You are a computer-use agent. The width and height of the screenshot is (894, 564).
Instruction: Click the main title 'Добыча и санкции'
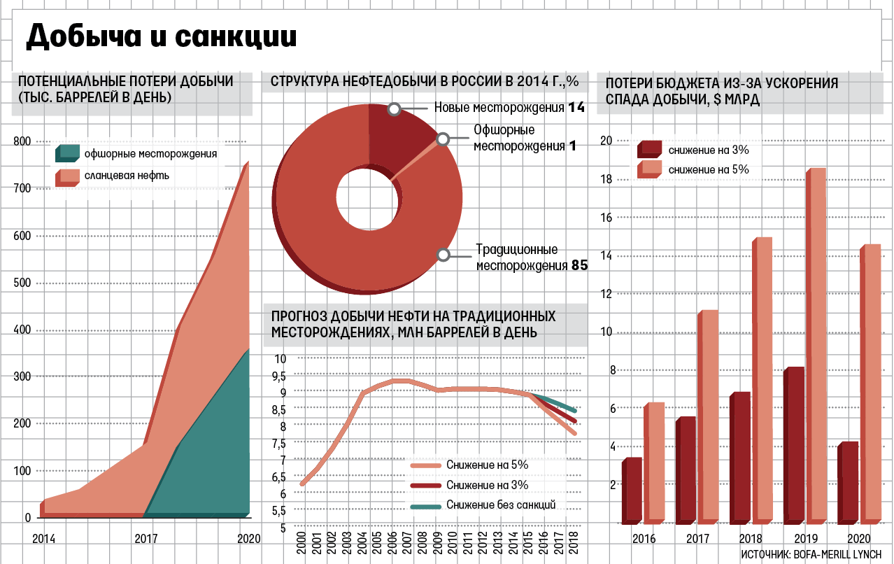coord(161,37)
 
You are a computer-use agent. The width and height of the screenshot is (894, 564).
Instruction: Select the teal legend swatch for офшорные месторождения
coord(69,153)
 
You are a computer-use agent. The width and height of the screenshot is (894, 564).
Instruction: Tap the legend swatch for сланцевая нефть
coord(69,176)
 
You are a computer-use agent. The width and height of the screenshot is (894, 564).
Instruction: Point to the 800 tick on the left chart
coord(22,141)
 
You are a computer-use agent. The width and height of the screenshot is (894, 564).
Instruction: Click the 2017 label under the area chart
coord(145,539)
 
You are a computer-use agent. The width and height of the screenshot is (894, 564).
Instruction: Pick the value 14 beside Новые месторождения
coord(576,107)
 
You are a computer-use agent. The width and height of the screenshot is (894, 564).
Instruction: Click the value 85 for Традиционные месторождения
coord(579,266)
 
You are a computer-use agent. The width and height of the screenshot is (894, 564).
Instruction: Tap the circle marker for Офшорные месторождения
coord(442,140)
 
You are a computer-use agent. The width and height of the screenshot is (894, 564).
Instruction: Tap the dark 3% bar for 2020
coord(847,483)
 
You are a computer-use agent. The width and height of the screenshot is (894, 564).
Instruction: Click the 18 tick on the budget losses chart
coord(606,179)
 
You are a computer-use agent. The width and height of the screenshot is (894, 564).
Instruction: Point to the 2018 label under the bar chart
coord(751,539)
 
